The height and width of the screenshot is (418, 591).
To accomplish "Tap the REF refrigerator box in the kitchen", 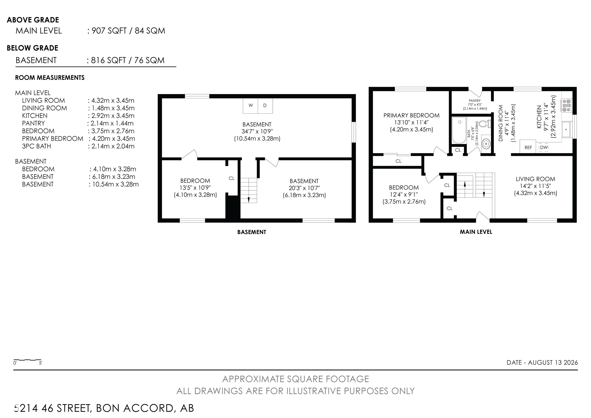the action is [x=528, y=147].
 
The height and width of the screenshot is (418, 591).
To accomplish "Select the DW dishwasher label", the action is [x=544, y=147].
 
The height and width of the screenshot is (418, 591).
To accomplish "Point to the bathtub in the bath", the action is [x=459, y=130].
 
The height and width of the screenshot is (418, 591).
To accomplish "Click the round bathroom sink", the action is [x=486, y=144].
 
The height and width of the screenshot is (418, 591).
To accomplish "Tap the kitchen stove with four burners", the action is [x=567, y=106].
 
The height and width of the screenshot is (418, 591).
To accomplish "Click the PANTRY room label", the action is [x=475, y=101].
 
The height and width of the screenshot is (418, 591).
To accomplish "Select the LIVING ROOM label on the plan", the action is [x=535, y=179].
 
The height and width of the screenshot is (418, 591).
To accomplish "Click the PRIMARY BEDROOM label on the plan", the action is [x=411, y=115].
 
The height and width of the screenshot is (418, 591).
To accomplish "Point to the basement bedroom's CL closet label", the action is [x=231, y=178].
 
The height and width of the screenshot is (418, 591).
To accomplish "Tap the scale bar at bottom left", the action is [x=27, y=360].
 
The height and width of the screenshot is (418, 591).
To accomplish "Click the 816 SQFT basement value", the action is [x=108, y=60].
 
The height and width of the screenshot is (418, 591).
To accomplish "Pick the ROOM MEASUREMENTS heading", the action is [x=50, y=78].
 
